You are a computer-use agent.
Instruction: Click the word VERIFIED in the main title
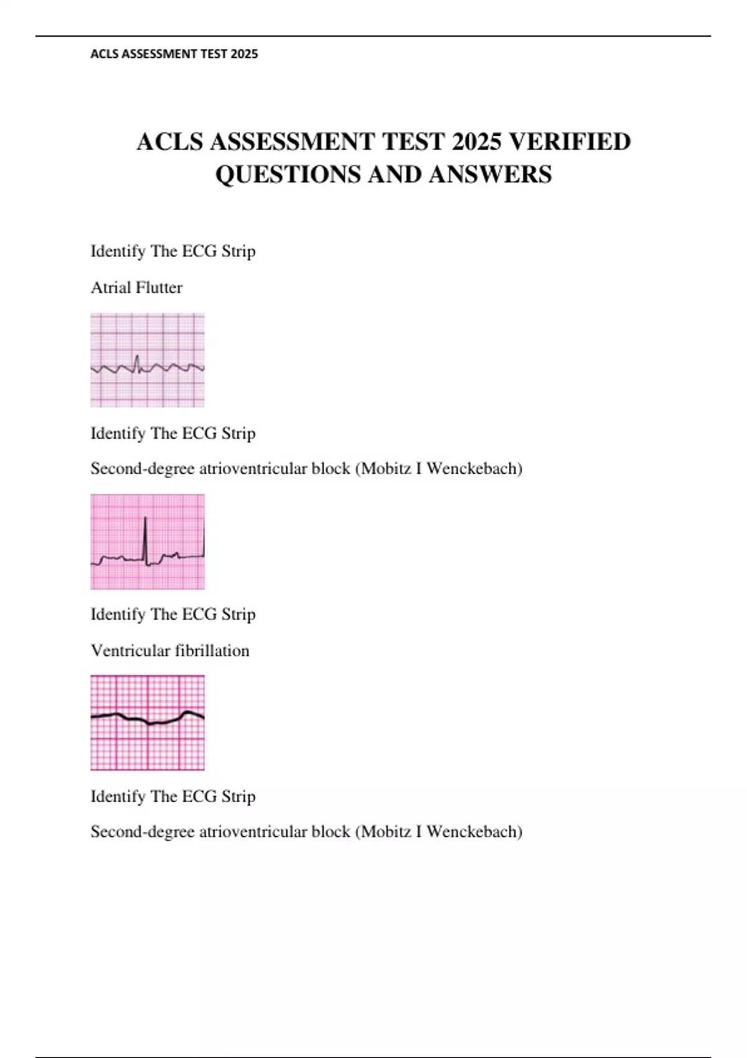[570, 142]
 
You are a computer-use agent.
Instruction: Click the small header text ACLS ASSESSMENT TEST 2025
[174, 54]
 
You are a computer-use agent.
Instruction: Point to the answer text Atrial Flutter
[136, 288]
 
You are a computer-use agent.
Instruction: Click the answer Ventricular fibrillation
[170, 650]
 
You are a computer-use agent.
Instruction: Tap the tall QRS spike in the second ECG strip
[145, 538]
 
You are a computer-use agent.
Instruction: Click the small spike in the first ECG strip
[137, 361]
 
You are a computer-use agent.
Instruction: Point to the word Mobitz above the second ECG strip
[385, 468]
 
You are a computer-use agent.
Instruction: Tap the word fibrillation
[212, 650]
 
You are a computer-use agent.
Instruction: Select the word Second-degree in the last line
[143, 831]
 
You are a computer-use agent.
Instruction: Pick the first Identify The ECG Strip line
[173, 251]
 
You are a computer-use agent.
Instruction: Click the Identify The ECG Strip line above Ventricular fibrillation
[173, 614]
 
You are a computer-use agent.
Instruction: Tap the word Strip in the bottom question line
[238, 796]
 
